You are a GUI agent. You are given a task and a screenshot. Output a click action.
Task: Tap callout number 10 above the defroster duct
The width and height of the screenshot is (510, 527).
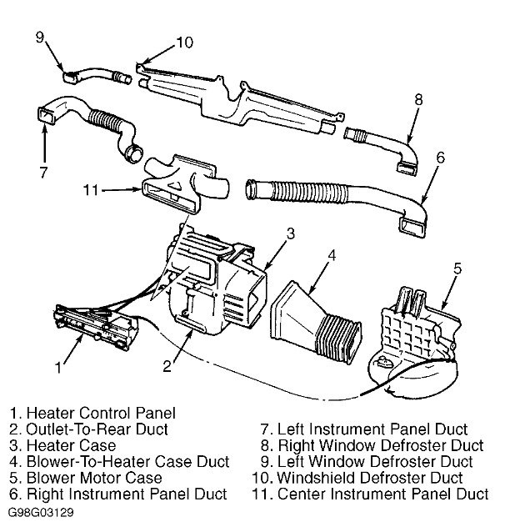185,43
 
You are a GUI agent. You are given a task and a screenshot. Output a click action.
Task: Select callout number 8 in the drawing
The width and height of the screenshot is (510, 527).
419,99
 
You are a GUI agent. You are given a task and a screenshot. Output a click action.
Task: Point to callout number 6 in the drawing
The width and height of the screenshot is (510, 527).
441,157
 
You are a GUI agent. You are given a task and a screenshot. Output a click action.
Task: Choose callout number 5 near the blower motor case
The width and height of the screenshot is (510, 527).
457,269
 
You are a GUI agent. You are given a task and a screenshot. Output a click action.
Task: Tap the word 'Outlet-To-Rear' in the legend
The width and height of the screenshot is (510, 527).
74,429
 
